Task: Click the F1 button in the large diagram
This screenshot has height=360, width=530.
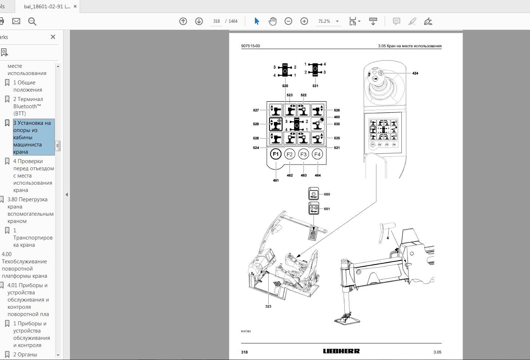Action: click(275, 154)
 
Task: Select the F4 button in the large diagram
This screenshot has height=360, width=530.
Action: click(317, 154)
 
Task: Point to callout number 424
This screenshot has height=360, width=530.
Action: click(415, 73)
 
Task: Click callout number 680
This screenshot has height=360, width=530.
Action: click(327, 194)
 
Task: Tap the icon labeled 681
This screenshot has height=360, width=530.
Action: click(314, 208)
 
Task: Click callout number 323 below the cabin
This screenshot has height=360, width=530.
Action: click(268, 306)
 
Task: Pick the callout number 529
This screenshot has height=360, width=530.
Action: click(256, 124)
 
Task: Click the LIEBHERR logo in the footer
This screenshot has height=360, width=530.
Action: click(341, 351)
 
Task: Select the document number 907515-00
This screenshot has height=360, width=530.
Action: click(250, 46)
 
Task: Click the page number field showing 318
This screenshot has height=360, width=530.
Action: click(216, 21)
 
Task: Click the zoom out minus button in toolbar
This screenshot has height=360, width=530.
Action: click(288, 21)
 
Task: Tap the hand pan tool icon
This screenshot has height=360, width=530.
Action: click(273, 21)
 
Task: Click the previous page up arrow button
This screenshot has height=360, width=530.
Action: click(183, 21)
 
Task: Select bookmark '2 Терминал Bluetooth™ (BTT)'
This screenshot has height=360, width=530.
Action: click(28, 106)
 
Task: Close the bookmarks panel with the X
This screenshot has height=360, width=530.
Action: click(53, 37)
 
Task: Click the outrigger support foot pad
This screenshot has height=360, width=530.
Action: click(347, 319)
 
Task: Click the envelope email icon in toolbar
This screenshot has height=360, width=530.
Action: click(16, 21)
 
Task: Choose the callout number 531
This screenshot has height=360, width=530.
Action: click(315, 86)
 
